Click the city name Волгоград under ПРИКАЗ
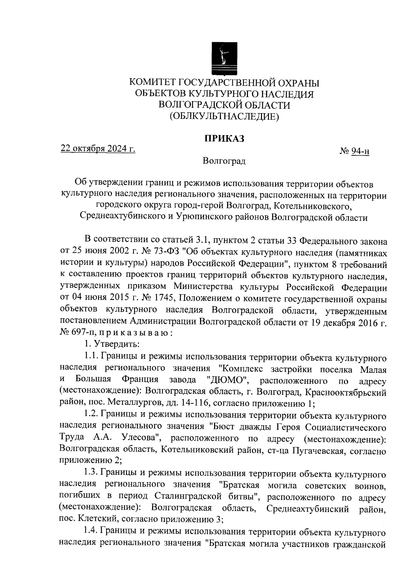(224, 161)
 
